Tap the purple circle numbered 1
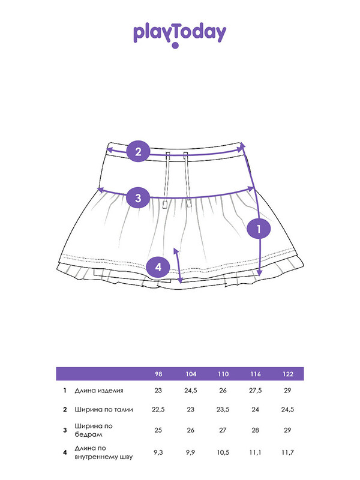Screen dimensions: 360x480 [x=259, y=229]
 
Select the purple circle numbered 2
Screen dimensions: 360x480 [x=139, y=152]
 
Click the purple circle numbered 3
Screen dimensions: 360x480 [x=138, y=197]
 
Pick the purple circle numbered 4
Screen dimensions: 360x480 [x=158, y=267]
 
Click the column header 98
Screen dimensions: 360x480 [x=158, y=374]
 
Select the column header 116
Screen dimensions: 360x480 [x=256, y=374]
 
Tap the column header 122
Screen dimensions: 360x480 [x=288, y=374]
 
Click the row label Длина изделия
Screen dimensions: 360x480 [x=99, y=391]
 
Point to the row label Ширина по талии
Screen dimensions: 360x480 [x=104, y=410]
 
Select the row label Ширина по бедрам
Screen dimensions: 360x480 [x=94, y=430]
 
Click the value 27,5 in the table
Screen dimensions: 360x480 [x=256, y=391]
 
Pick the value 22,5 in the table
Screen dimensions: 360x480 [x=158, y=410]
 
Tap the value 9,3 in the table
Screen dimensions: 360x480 [x=158, y=452]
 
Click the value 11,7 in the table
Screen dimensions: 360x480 [x=288, y=452]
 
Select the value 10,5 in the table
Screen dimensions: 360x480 [x=223, y=452]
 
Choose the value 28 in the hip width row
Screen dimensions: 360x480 [x=256, y=430]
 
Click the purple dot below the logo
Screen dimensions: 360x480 [x=175, y=46]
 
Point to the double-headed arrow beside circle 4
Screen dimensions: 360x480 [x=178, y=266]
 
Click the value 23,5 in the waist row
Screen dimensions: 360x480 [x=223, y=410]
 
